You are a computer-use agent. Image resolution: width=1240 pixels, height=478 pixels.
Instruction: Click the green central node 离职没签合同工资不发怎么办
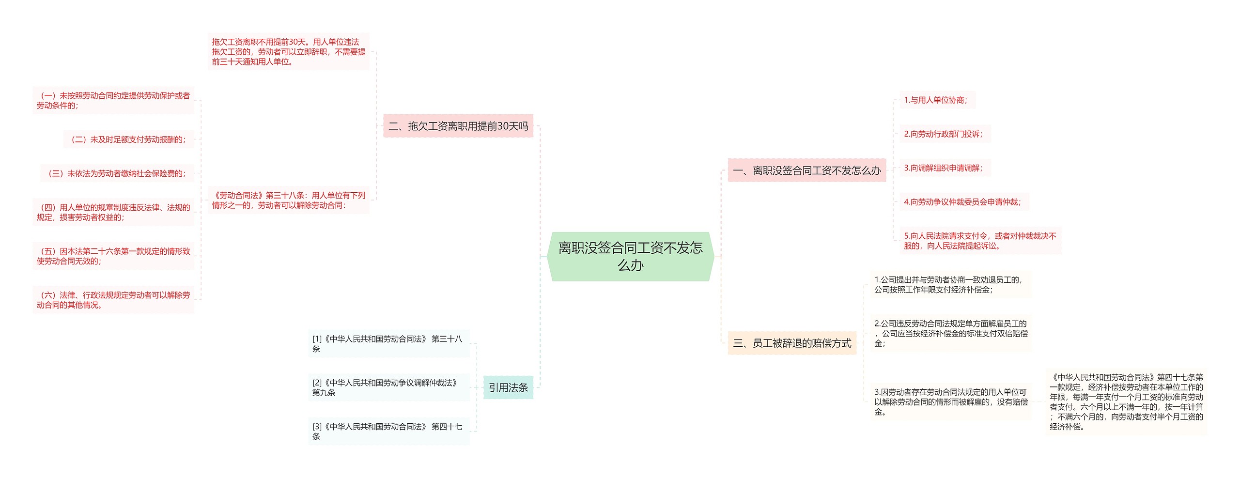coord(630,257)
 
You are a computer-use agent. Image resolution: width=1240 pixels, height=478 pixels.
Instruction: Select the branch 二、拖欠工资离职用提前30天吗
coord(458,126)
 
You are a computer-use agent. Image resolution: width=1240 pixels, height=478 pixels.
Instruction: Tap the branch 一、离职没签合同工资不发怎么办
coord(806,170)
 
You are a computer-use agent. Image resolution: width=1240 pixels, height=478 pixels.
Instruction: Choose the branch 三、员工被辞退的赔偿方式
coord(792,343)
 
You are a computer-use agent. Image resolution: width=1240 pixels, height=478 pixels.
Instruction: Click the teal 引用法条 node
coord(508,387)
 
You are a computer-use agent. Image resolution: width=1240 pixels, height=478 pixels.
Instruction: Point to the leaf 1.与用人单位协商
coord(936,100)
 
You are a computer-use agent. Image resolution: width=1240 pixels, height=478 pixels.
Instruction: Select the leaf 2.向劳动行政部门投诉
coord(944,134)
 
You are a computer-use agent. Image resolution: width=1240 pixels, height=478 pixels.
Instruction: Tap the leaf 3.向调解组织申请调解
coord(944,168)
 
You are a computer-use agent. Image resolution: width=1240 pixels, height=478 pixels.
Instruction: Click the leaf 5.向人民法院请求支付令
coord(979,241)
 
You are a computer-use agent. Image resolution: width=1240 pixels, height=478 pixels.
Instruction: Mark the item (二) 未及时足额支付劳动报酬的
coord(128,139)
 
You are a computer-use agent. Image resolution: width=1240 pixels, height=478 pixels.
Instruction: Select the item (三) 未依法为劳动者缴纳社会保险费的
coord(117,173)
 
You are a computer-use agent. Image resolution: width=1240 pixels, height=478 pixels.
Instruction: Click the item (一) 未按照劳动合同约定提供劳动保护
coord(113,101)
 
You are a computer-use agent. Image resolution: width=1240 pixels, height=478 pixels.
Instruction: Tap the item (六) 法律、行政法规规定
coord(113,300)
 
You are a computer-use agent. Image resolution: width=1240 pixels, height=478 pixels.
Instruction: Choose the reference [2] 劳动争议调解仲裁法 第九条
coord(388,387)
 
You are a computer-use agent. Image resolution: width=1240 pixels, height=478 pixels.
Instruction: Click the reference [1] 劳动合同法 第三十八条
coord(388,343)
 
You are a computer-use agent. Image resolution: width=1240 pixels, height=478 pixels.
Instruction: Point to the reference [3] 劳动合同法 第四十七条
coord(388,431)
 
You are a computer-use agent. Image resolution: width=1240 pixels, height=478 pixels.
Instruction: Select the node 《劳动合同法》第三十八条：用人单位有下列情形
coord(289,200)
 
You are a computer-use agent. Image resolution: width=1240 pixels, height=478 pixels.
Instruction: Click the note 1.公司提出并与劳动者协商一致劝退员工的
coord(950,285)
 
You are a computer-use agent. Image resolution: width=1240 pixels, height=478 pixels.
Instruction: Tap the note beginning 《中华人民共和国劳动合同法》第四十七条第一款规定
coord(1126,402)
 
